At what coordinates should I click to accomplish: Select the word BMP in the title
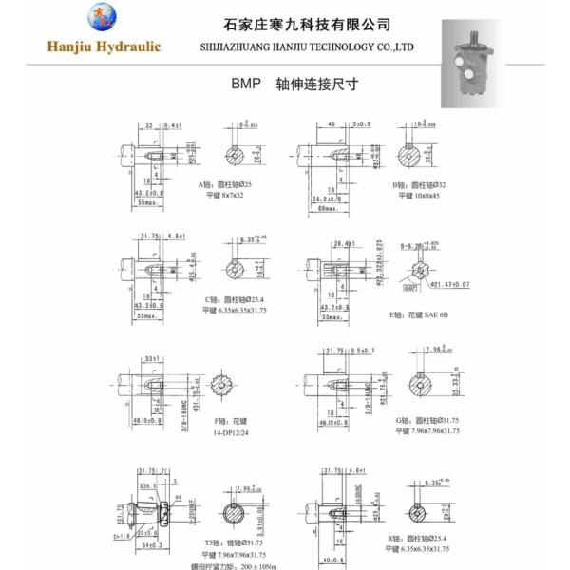[x=245, y=84]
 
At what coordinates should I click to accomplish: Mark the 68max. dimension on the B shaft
[x=330, y=209]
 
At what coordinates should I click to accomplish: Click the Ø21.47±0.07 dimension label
[x=452, y=283]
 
